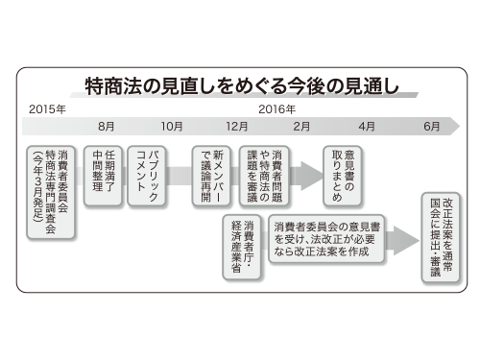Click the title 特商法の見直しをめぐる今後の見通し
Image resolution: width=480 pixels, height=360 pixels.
pos(240,82)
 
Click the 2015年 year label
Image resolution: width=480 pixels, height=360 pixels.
pos(47,108)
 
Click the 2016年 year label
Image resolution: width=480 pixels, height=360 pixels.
pos(277,108)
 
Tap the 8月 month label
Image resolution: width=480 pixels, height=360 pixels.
pos(107,127)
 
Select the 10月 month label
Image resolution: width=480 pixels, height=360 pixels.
pos(172,127)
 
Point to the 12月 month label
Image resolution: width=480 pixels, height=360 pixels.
pos(237,127)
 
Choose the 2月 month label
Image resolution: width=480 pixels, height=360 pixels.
pos(301,127)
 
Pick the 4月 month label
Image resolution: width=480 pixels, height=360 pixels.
pos(367,127)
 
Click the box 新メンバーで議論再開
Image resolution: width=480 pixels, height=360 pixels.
pos(212,173)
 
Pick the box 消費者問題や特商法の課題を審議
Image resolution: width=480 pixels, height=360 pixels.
pos(269,173)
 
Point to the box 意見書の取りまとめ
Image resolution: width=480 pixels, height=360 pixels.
pos(345,173)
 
